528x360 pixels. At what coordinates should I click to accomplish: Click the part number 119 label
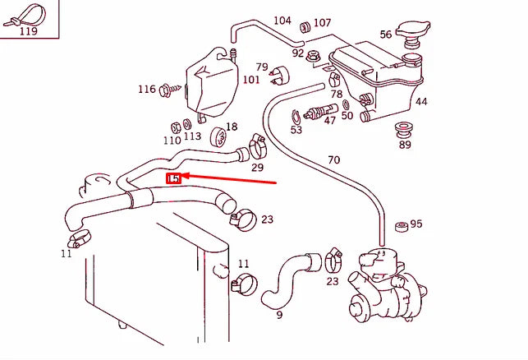coord(28,31)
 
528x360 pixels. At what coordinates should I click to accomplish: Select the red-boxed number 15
coord(174,178)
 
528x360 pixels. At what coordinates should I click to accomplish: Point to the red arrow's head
coord(185,175)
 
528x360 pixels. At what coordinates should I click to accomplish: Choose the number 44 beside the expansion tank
coord(420,102)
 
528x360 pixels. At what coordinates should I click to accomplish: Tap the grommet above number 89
coord(403,129)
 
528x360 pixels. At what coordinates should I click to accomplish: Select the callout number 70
coord(333,159)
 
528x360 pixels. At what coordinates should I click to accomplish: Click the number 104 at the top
coord(282,21)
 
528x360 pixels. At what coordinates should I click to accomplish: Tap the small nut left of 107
coord(305,23)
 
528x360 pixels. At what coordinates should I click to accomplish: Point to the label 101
coord(251,80)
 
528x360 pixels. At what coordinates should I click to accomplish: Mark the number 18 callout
coord(231,127)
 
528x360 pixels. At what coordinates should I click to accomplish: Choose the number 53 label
coord(296,130)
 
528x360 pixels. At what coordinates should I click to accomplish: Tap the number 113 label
coord(192,137)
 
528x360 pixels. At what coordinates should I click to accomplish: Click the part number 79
coord(262,67)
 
